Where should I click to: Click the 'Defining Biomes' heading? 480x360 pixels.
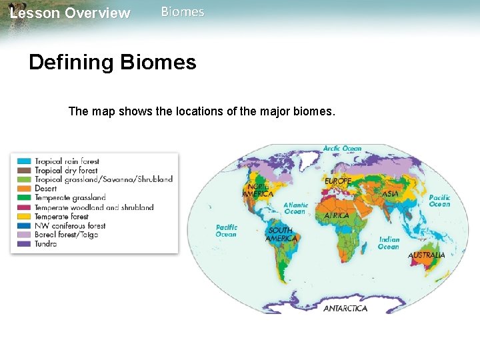[113, 63]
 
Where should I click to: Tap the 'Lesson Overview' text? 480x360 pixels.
[70, 13]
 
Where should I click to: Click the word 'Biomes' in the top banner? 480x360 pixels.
[183, 12]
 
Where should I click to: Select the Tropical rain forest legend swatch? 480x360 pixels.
[24, 161]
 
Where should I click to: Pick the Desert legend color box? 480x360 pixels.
[24, 189]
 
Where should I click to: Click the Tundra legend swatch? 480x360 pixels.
[24, 244]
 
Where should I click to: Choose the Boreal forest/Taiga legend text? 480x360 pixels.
[66, 235]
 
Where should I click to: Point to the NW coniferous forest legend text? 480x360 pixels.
[70, 226]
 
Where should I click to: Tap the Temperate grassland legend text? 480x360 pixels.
[70, 198]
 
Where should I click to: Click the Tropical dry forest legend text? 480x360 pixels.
[66, 171]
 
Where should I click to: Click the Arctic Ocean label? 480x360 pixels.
[343, 149]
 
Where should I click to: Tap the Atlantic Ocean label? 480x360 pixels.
[296, 209]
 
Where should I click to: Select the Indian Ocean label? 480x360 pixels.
[389, 243]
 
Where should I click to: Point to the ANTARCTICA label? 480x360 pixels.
[345, 309]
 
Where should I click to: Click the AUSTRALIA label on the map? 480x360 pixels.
[427, 255]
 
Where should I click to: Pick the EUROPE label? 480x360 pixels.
[338, 181]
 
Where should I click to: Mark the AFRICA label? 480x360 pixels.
[337, 216]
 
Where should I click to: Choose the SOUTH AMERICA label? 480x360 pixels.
[281, 234]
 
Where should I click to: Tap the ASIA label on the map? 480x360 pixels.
[391, 193]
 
